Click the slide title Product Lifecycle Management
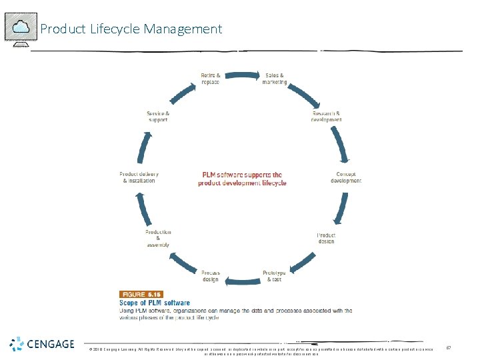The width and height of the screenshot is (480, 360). coord(131,29)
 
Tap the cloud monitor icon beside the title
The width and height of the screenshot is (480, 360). coord(21,29)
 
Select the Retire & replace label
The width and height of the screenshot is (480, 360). coord(211,78)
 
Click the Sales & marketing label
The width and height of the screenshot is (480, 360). coord(275,78)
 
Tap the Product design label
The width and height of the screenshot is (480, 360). coord(326,238)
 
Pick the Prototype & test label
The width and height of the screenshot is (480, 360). coord(275,276)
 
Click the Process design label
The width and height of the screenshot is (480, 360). coord(211,276)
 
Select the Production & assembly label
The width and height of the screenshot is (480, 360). coord(158,238)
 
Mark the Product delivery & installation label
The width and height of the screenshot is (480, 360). coord(139,177)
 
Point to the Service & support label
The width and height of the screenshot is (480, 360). coord(158,117)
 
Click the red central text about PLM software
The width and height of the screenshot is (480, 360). coord(242,179)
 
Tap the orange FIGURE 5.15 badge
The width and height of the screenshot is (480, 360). coord(141,294)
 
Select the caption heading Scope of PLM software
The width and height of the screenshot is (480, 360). coord(155,303)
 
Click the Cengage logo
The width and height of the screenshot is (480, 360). coord(42,345)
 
